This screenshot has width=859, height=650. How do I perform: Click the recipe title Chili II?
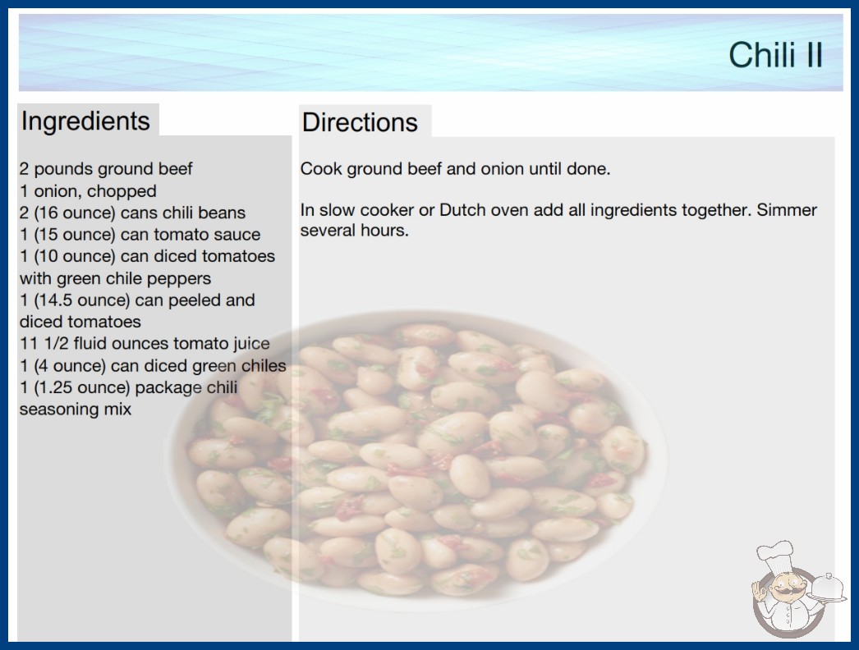776,55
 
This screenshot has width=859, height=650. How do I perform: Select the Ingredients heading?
85,121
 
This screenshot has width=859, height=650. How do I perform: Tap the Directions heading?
360,122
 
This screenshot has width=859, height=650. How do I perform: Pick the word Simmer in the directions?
787,210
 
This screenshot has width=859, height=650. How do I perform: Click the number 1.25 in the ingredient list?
53,387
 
